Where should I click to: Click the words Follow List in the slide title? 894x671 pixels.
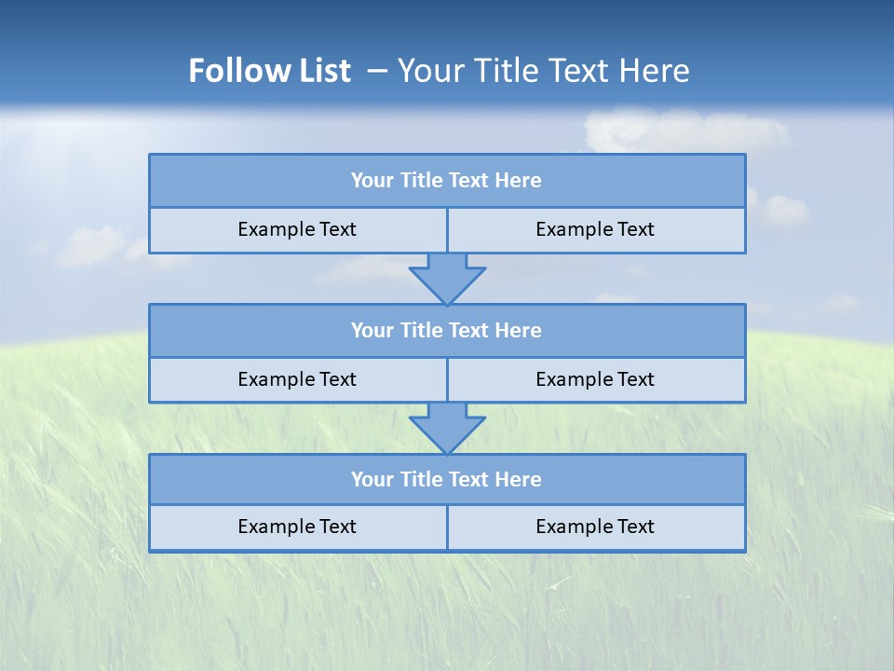(269, 71)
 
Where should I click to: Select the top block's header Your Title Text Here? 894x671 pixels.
(446, 181)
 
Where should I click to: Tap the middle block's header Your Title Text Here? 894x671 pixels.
(446, 330)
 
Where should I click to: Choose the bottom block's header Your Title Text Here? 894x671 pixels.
(446, 479)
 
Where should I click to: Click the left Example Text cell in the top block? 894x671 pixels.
(297, 229)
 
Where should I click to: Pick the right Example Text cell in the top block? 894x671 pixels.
(595, 229)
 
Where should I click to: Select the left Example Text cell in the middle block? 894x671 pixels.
(297, 379)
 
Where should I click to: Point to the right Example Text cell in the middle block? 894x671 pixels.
(595, 379)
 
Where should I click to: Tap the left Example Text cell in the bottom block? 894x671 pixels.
(297, 527)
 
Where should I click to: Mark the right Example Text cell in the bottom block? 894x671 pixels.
(595, 527)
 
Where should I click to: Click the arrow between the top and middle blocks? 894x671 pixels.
(447, 278)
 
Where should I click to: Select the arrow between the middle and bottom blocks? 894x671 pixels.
(447, 428)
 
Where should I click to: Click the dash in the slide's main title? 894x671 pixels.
(377, 71)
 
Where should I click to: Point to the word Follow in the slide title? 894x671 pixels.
(228, 71)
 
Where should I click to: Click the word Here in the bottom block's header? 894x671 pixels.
(518, 479)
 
